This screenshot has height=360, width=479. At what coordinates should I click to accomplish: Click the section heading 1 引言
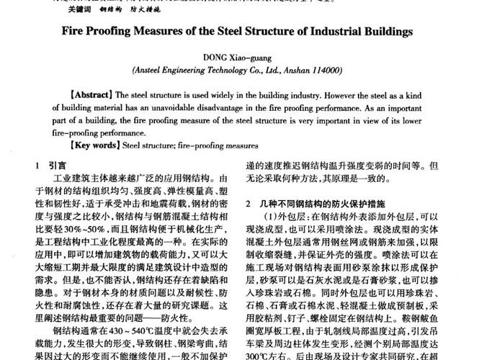[x=53, y=165]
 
